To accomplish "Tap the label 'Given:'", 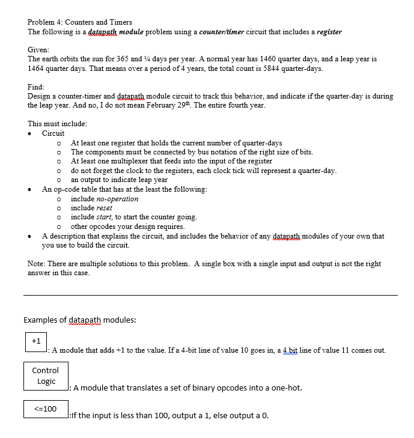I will (39, 50).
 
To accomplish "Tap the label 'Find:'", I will (37, 87).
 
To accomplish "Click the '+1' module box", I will (36, 341).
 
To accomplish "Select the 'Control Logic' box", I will (46, 376).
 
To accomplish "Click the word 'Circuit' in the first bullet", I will (53, 133).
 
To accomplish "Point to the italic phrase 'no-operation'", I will (105, 199).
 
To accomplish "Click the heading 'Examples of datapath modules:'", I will (80, 320).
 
